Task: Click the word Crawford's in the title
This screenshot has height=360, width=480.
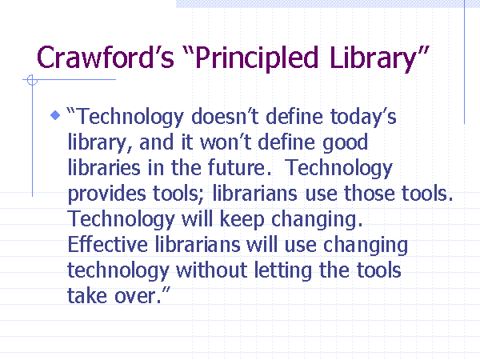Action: pyautogui.click(x=106, y=58)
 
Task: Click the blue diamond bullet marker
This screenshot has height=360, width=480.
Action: pyautogui.click(x=55, y=115)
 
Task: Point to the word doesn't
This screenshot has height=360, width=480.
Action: pyautogui.click(x=226, y=117)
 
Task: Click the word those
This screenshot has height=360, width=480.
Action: pyautogui.click(x=369, y=194)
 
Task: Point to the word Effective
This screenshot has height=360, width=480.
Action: pyautogui.click(x=107, y=245)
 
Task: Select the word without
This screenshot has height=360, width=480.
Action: pyautogui.click(x=211, y=270)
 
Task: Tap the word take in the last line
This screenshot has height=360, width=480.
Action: pyautogui.click(x=87, y=296)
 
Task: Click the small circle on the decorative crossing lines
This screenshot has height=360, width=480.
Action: pyautogui.click(x=32, y=80)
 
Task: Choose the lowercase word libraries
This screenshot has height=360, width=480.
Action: pyautogui.click(x=104, y=168)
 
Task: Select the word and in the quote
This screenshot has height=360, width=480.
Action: pyautogui.click(x=156, y=142)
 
